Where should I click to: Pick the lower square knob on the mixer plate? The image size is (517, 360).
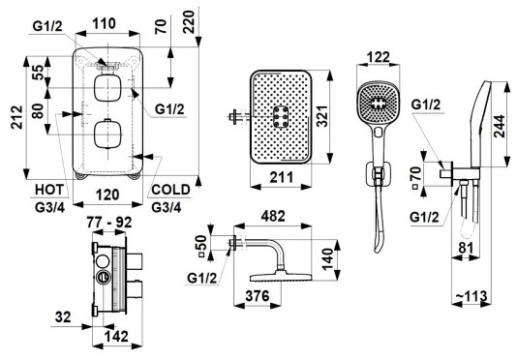[105, 134]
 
